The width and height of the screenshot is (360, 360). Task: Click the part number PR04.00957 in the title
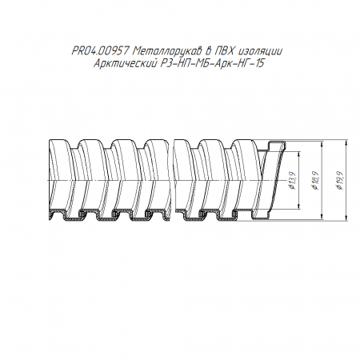100,51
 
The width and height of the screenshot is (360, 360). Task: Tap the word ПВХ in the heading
226,51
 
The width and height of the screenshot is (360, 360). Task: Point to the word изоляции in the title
261,51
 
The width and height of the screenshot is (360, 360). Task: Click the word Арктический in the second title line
125,63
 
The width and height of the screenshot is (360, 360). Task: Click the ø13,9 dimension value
293,181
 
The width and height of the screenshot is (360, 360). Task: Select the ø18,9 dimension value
315,181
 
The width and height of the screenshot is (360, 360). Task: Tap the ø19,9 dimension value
339,181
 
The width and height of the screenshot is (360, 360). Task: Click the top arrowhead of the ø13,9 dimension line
299,154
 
